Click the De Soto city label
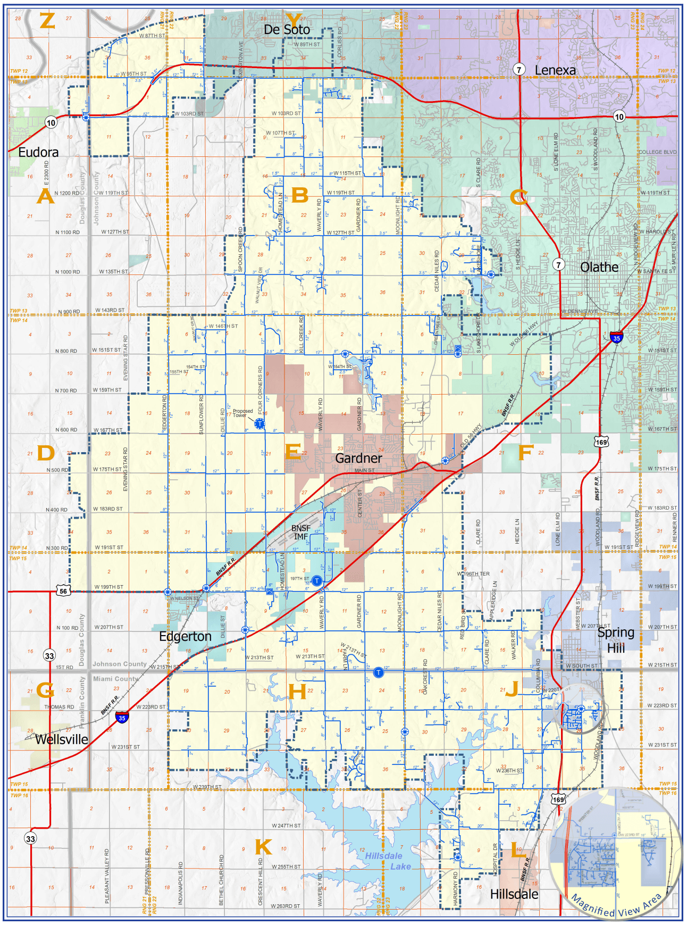pyautogui.click(x=287, y=30)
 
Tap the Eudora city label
pyautogui.click(x=38, y=153)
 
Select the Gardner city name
pyautogui.click(x=358, y=458)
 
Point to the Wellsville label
pyautogui.click(x=61, y=739)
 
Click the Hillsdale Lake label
pyautogui.click(x=388, y=861)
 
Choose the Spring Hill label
pyautogui.click(x=616, y=640)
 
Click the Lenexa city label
pyautogui.click(x=555, y=70)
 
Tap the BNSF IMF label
pyautogui.click(x=301, y=532)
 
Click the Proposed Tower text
pyautogui.click(x=242, y=413)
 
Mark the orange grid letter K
pyautogui.click(x=263, y=847)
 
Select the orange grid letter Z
pyautogui.click(x=47, y=21)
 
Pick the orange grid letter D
pyautogui.click(x=46, y=453)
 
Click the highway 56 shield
pyautogui.click(x=63, y=591)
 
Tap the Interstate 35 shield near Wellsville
pyautogui.click(x=122, y=718)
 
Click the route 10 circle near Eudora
pyautogui.click(x=51, y=123)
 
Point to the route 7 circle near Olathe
pyautogui.click(x=558, y=264)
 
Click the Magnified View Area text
pyautogui.click(x=617, y=905)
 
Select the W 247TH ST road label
pyautogui.click(x=286, y=826)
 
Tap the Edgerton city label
pyautogui.click(x=185, y=637)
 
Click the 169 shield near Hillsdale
pyautogui.click(x=558, y=799)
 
